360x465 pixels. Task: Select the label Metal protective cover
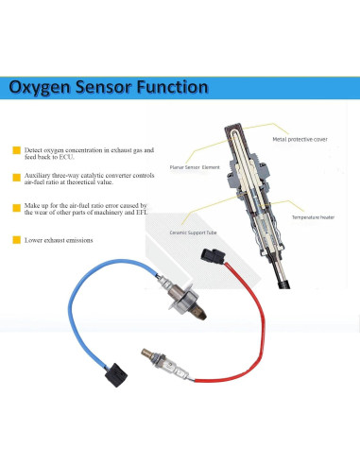tap(305, 139)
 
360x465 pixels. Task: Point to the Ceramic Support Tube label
tap(194, 230)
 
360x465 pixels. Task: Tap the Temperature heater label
tap(312, 217)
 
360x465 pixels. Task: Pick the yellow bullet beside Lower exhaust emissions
tap(16, 239)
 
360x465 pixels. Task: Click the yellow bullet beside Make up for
tap(16, 206)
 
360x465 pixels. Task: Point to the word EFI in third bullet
tap(143, 213)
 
